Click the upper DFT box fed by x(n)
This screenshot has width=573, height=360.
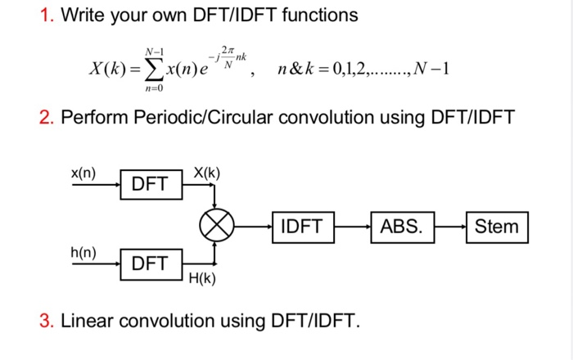point(150,184)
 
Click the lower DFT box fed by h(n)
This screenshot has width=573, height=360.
point(150,263)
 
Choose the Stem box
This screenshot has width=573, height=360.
point(497,225)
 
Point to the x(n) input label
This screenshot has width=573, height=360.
point(83,173)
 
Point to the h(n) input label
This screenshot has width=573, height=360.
point(83,252)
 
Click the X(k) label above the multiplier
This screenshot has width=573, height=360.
point(206,173)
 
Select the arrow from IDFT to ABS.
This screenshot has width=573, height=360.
point(352,225)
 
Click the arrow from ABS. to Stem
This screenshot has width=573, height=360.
point(450,225)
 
